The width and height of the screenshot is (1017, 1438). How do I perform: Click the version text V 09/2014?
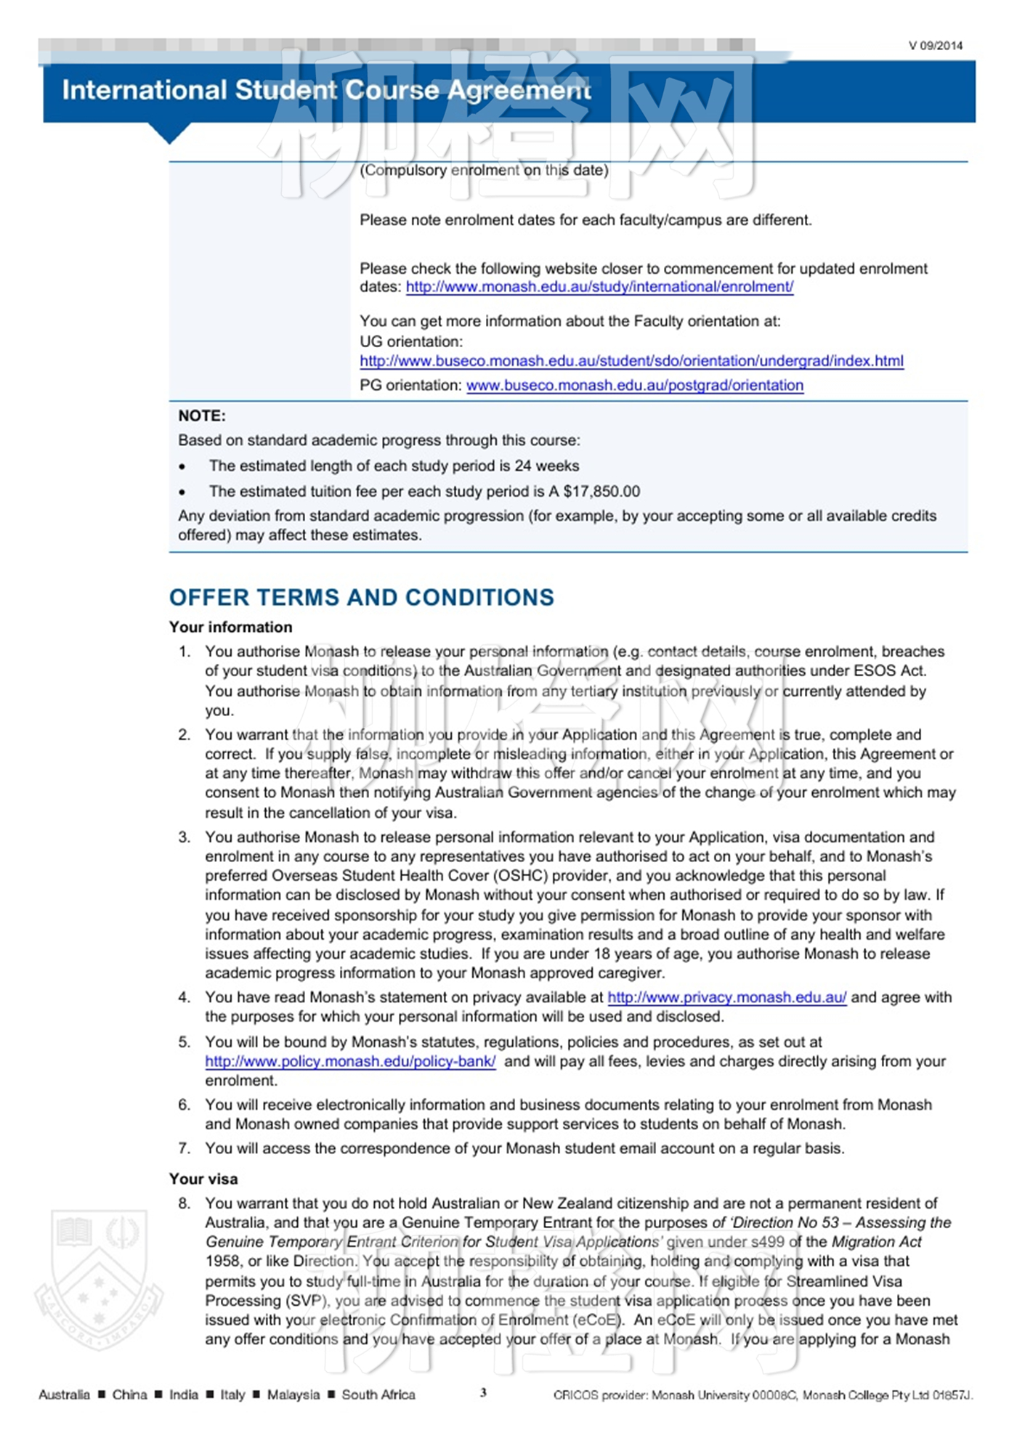click(x=935, y=46)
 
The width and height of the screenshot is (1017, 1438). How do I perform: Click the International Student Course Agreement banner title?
click(x=326, y=90)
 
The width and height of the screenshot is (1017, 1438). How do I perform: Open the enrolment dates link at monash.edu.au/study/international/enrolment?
click(x=599, y=287)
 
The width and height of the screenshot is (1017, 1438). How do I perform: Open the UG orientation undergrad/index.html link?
click(x=631, y=361)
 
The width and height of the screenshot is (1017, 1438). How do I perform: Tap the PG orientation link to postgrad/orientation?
click(x=634, y=386)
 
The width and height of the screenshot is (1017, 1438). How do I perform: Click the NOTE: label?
click(x=202, y=416)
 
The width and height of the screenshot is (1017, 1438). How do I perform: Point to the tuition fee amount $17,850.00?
click(x=601, y=492)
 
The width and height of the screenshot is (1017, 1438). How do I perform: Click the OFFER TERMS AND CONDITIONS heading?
click(x=361, y=598)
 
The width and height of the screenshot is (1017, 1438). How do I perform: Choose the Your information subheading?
click(x=230, y=627)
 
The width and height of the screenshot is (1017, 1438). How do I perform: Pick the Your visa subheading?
click(x=203, y=1179)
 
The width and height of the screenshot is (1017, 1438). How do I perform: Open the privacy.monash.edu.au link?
click(x=726, y=998)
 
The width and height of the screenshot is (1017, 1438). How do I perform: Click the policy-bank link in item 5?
click(x=350, y=1062)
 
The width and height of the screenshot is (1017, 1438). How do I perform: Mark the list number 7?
click(x=185, y=1149)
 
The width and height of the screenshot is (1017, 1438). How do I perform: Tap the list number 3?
click(x=185, y=837)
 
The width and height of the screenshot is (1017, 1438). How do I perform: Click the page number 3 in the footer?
click(x=483, y=1393)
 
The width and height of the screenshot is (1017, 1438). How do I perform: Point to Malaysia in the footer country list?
click(x=293, y=1395)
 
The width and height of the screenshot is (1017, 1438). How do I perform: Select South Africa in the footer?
click(x=378, y=1395)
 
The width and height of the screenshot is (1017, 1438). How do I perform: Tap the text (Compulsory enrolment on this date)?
click(x=484, y=171)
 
